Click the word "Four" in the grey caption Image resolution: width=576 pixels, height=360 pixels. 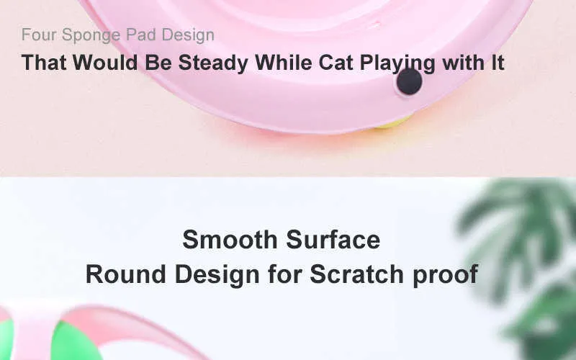point(39,35)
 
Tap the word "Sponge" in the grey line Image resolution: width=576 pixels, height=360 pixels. point(91,35)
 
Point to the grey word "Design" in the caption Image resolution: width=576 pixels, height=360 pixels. point(188,35)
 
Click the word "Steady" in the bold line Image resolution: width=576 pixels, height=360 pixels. point(213,63)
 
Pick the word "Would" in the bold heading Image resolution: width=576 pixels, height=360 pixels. point(105,62)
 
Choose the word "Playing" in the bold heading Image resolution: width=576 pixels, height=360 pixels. point(397,63)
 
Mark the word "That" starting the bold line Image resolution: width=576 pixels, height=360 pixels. point(44,62)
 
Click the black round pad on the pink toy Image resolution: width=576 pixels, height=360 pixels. point(409,81)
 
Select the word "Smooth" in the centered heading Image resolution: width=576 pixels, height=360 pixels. point(230,240)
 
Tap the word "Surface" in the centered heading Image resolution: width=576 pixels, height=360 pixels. point(333,240)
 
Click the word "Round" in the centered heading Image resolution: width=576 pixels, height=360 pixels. point(125,274)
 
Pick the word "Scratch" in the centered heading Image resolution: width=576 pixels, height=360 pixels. point(356,274)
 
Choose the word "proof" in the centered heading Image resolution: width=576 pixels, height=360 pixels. point(445,275)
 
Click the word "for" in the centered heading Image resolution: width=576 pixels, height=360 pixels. point(284,274)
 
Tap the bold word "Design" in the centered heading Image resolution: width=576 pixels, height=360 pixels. point(217,275)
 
